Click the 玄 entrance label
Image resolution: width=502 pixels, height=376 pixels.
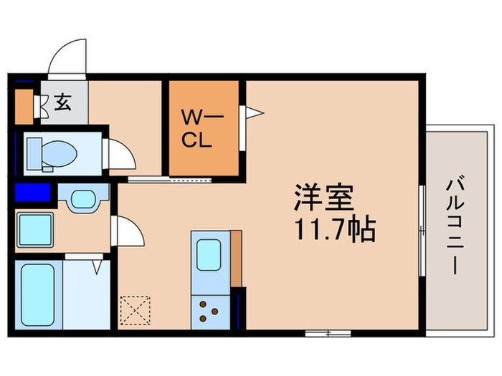click(63, 103)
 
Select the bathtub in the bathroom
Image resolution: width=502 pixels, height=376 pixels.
click(38, 293)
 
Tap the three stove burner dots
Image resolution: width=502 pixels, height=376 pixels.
click(209, 308)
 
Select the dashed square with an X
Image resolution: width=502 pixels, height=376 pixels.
click(134, 309)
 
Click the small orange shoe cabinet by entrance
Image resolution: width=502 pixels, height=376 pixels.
click(24, 105)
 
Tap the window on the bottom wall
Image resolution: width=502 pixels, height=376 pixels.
click(327, 332)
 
